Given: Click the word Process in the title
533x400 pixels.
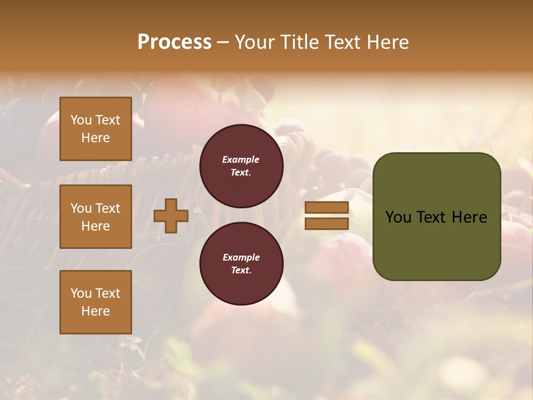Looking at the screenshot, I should (x=174, y=42).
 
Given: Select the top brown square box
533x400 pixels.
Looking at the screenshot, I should (x=95, y=129).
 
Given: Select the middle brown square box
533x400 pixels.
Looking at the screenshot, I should (x=95, y=217).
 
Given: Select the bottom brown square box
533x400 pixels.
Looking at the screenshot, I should (x=95, y=302).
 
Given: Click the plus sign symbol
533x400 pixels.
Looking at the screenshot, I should (x=171, y=216).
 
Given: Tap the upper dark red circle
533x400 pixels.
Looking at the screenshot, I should (x=242, y=166).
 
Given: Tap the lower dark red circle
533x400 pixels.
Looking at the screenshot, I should (x=242, y=264).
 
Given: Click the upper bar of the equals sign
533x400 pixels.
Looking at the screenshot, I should (x=326, y=208).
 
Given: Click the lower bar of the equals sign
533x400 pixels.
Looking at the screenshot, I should (x=326, y=223).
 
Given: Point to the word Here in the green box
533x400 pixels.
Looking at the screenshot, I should (x=469, y=217).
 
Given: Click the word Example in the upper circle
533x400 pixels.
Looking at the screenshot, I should (x=241, y=160).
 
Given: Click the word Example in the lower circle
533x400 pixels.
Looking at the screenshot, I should (x=241, y=258).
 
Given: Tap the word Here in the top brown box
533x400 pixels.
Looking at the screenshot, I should (x=95, y=138).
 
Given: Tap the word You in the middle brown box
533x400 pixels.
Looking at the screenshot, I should (x=81, y=208).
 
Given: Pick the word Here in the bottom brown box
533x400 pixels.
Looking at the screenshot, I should (x=95, y=311).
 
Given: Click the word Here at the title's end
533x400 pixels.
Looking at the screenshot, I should (x=388, y=42).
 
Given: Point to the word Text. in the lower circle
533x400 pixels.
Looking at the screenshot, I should (x=241, y=271).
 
